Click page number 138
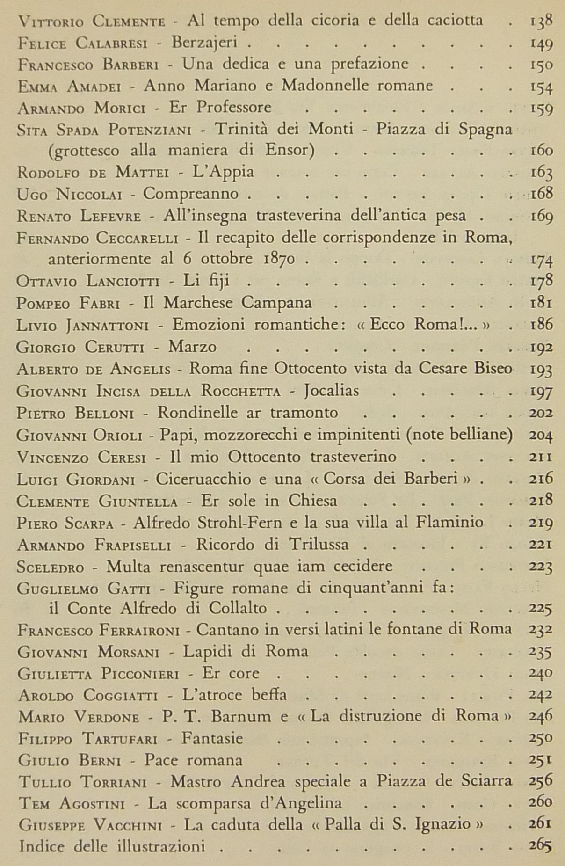point(542,21)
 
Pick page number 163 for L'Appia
point(542,173)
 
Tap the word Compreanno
point(191,194)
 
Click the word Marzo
point(193,347)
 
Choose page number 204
point(541,435)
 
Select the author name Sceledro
point(51,567)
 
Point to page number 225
point(541,609)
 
